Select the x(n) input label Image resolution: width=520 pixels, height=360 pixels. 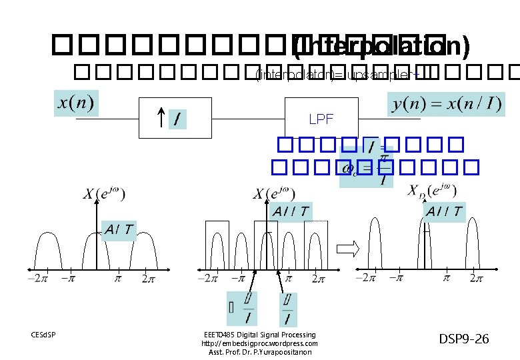pyautogui.click(x=76, y=104)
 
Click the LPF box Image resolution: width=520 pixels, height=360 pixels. pyautogui.click(x=321, y=119)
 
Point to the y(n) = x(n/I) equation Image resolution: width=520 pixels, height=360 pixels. pyautogui.click(x=445, y=104)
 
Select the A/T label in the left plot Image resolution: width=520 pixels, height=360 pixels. pyautogui.click(x=118, y=230)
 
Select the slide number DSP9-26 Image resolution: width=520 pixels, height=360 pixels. pyautogui.click(x=464, y=339)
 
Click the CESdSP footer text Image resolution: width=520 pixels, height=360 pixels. pyautogui.click(x=43, y=334)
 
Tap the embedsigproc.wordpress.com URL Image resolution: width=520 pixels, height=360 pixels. pyautogui.click(x=259, y=343)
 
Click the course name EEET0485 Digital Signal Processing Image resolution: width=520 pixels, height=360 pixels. pyautogui.click(x=259, y=335)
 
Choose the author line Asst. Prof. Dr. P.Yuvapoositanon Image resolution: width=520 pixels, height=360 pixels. pyautogui.click(x=259, y=352)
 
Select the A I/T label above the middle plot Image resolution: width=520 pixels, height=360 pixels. pyautogui.click(x=291, y=211)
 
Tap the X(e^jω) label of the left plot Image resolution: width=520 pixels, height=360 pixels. pyautogui.click(x=104, y=194)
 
